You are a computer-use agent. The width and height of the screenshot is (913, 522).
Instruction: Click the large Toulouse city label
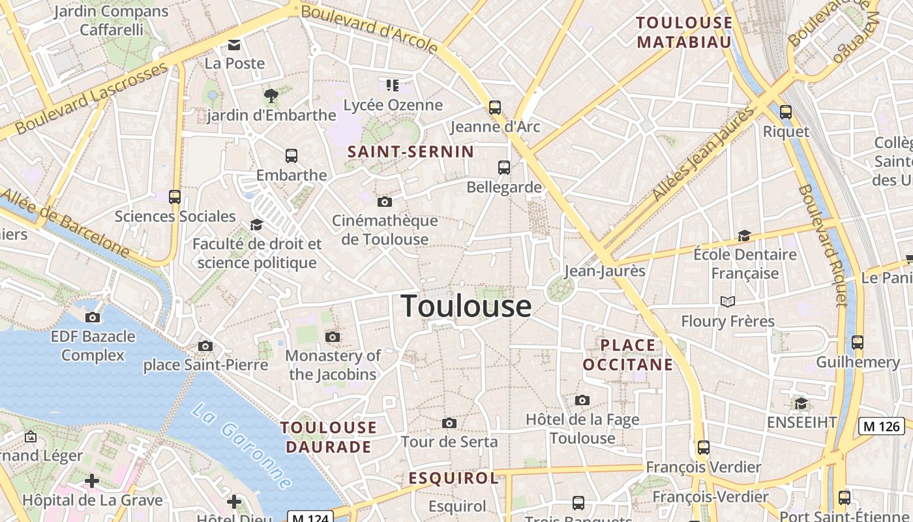pos(466,306)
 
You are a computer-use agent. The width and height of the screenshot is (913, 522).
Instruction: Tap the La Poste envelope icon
pos(233,45)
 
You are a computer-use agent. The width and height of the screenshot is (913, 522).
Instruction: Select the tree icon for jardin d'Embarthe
pos(271,96)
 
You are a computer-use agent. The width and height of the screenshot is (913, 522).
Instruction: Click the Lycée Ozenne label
pos(393,105)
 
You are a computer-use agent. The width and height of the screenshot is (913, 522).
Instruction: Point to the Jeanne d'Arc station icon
pos(495,108)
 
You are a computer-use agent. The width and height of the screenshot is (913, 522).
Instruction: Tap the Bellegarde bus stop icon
pos(504,168)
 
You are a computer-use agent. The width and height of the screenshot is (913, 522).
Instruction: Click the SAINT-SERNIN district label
pos(411,152)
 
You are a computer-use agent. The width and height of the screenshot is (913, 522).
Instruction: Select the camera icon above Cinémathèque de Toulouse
pos(385,202)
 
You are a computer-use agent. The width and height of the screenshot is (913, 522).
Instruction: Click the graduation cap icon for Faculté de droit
pos(257,225)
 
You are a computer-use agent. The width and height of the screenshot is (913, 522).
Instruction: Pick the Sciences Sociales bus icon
pos(175,196)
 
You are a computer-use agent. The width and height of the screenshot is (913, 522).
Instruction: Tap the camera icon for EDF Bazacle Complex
pos(93,317)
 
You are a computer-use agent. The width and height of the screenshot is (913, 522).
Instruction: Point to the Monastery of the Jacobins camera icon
pos(333,337)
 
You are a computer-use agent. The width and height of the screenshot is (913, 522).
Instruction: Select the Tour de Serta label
pos(449,442)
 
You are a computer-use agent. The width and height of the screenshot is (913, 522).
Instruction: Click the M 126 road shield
pos(881,427)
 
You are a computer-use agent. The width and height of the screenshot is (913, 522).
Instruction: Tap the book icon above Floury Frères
pos(728,301)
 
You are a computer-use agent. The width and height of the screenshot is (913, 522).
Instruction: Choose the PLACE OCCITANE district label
pos(627,355)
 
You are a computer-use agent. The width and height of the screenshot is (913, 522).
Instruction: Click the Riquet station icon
pos(786,112)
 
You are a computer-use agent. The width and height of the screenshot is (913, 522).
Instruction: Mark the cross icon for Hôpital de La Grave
pos(92,482)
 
